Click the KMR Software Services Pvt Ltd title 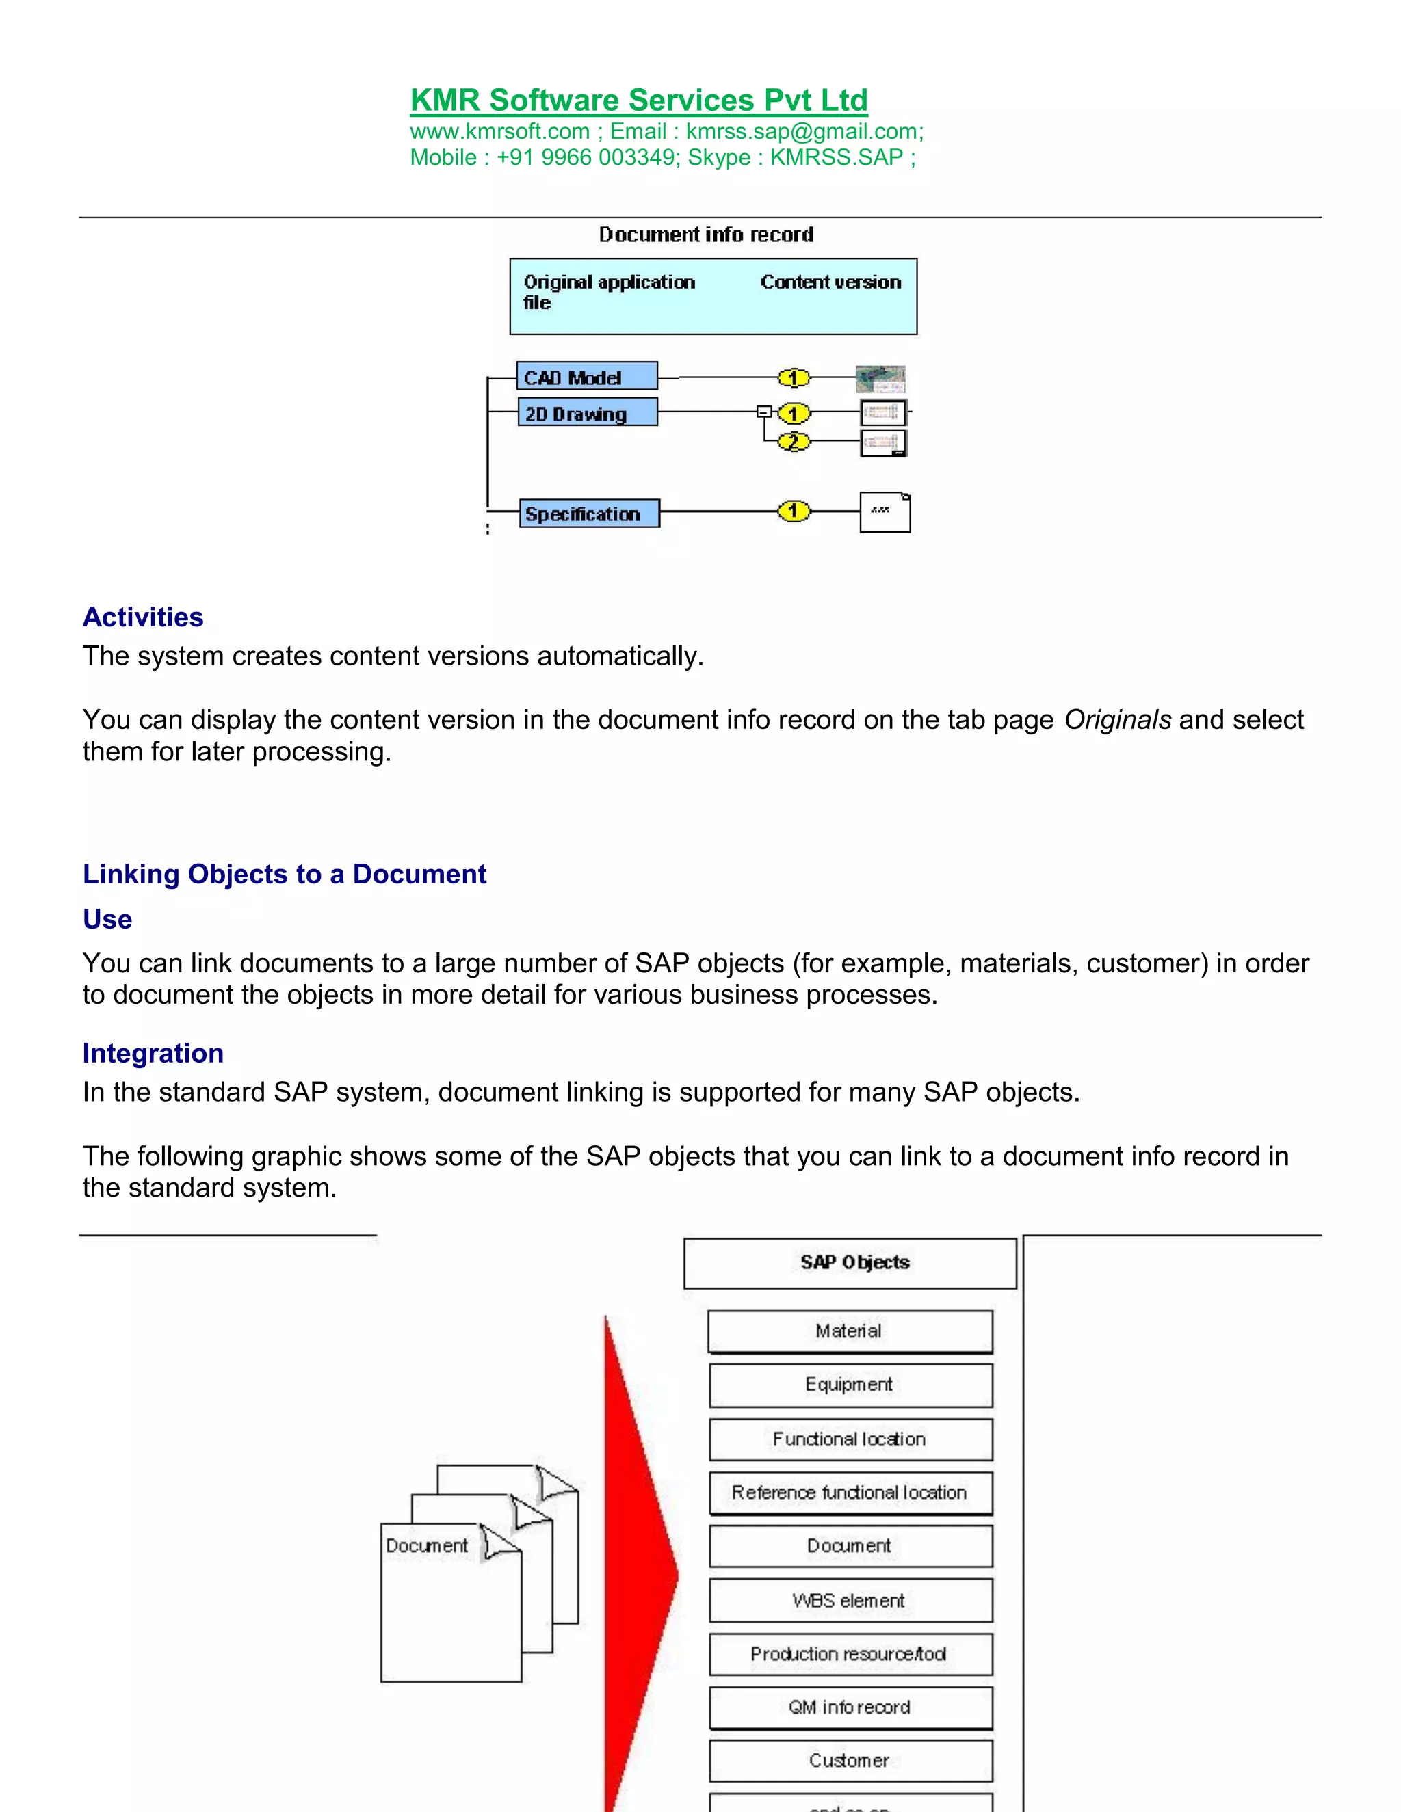point(638,101)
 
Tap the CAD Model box point(586,377)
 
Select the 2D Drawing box point(586,412)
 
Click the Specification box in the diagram point(588,514)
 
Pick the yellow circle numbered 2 point(794,442)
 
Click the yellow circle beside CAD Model point(794,378)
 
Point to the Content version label point(830,282)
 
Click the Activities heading point(143,617)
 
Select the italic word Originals point(1117,719)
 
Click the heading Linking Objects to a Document point(284,874)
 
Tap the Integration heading point(153,1053)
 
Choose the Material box point(850,1331)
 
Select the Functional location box point(850,1439)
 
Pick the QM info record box point(850,1707)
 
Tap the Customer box point(850,1760)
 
